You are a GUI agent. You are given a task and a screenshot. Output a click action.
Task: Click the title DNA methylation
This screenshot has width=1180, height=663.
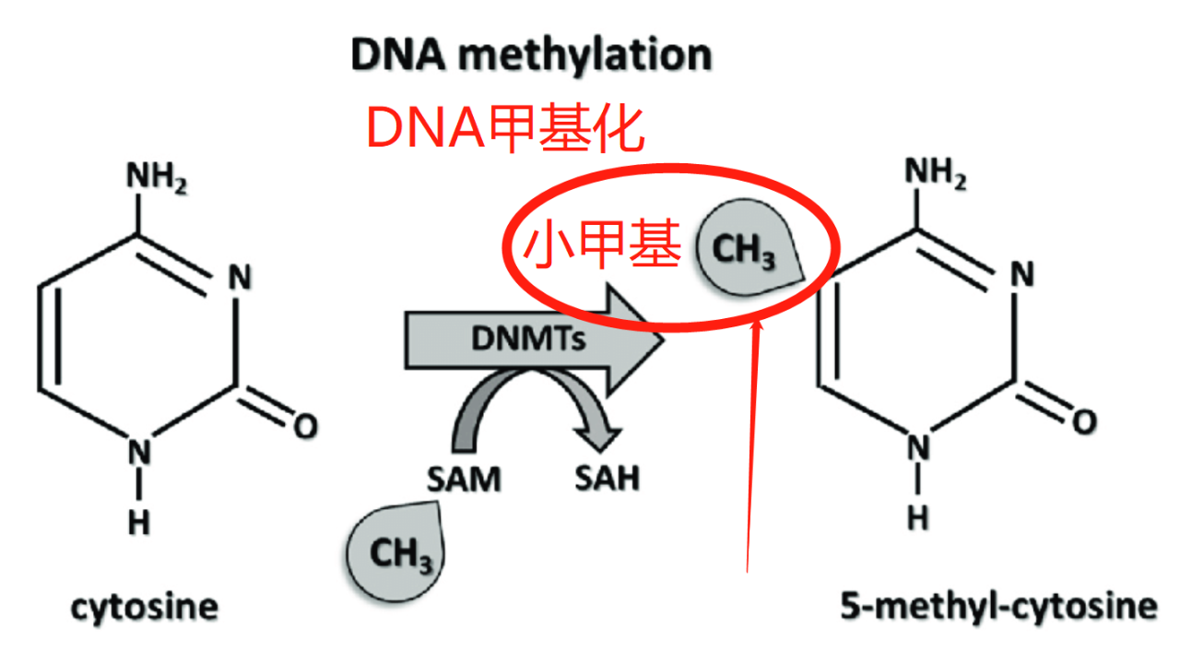pyautogui.click(x=531, y=55)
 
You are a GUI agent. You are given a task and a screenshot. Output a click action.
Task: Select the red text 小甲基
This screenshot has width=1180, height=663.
pyautogui.click(x=602, y=244)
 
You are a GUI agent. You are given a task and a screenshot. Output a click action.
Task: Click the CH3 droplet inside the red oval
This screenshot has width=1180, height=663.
pyautogui.click(x=748, y=248)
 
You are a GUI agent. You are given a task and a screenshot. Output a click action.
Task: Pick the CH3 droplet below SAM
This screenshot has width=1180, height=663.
pyautogui.click(x=396, y=551)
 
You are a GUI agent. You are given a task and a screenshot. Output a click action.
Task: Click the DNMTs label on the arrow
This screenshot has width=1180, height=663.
pyautogui.click(x=528, y=338)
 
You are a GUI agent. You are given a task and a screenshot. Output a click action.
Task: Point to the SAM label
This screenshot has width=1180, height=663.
pyautogui.click(x=464, y=479)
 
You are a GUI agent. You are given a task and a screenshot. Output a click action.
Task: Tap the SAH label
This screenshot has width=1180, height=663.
pyautogui.click(x=607, y=478)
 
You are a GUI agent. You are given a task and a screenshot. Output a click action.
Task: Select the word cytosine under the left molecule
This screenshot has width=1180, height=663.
pyautogui.click(x=145, y=608)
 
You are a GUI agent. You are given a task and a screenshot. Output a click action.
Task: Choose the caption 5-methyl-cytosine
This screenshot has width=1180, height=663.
pyautogui.click(x=998, y=607)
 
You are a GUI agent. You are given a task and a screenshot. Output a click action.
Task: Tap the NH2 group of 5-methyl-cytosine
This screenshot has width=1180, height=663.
pyautogui.click(x=935, y=173)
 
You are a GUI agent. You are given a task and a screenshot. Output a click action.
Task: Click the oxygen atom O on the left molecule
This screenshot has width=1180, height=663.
pyautogui.click(x=305, y=427)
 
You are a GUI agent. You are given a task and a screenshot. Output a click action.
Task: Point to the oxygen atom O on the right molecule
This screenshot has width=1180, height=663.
pyautogui.click(x=1085, y=422)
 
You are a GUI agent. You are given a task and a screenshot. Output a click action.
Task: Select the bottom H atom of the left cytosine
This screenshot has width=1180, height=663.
pyautogui.click(x=139, y=524)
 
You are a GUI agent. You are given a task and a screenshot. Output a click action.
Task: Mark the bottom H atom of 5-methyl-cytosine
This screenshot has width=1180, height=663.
pyautogui.click(x=918, y=518)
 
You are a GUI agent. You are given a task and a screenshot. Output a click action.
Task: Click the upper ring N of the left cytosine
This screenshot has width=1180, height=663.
pyautogui.click(x=240, y=277)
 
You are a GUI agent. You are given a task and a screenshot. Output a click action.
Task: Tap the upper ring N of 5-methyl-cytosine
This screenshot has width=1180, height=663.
pyautogui.click(x=1022, y=274)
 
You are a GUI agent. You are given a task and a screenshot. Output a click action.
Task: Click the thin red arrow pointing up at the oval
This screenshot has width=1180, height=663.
pyautogui.click(x=753, y=447)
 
